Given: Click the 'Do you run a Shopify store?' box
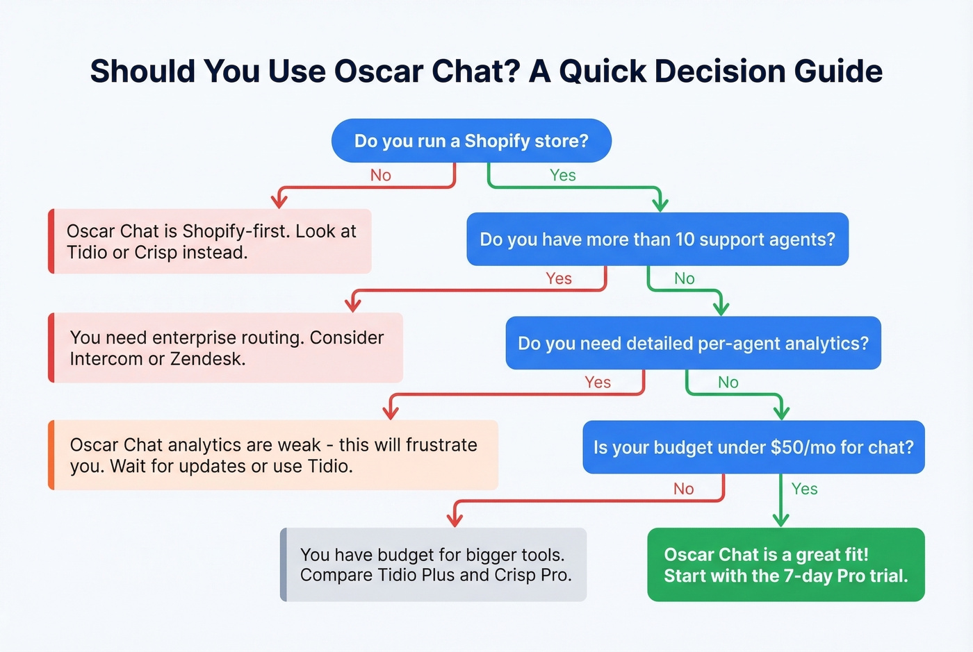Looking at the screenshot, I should pyautogui.click(x=471, y=141).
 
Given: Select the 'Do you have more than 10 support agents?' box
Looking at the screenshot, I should pyautogui.click(x=657, y=240).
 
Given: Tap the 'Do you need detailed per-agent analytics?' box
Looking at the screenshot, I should pyautogui.click(x=693, y=344).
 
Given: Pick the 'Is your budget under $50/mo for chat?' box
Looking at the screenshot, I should pyautogui.click(x=753, y=448).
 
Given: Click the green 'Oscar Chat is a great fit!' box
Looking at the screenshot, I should pyautogui.click(x=785, y=565).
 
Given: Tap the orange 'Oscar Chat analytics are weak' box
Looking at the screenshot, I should pyautogui.click(x=274, y=455).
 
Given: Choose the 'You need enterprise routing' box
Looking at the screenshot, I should pyautogui.click(x=227, y=348).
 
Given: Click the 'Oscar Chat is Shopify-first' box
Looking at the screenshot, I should pyautogui.click(x=211, y=242).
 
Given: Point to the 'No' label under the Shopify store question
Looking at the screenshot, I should pyautogui.click(x=380, y=176).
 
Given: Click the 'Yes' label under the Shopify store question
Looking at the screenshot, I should pyautogui.click(x=562, y=176).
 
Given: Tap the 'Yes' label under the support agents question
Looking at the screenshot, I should pyautogui.click(x=558, y=279).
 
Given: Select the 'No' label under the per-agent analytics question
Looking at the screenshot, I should pyautogui.click(x=728, y=383).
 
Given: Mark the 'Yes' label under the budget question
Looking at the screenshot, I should pyautogui.click(x=804, y=490).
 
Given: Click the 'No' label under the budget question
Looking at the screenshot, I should pyautogui.click(x=683, y=490).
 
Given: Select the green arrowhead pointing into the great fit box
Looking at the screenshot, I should pyautogui.click(x=780, y=519).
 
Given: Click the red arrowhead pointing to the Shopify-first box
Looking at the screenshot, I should pyautogui.click(x=279, y=201).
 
